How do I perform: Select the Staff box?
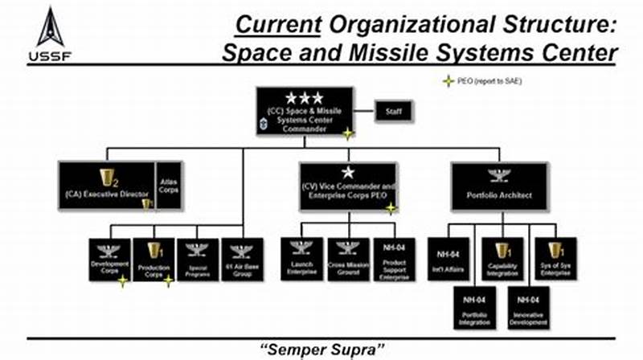click(x=394, y=111)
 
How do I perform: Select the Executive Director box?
click(x=106, y=186)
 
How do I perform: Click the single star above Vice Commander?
click(x=347, y=172)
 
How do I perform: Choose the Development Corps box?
click(x=109, y=259)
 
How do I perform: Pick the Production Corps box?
click(x=154, y=259)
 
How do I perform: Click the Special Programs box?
click(x=198, y=259)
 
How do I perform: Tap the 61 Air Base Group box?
click(x=242, y=259)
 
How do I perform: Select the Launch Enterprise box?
click(x=301, y=259)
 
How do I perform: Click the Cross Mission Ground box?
click(x=347, y=259)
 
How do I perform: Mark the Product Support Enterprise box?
click(x=393, y=259)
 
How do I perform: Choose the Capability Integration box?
click(x=502, y=259)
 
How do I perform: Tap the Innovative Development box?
click(x=527, y=306)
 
